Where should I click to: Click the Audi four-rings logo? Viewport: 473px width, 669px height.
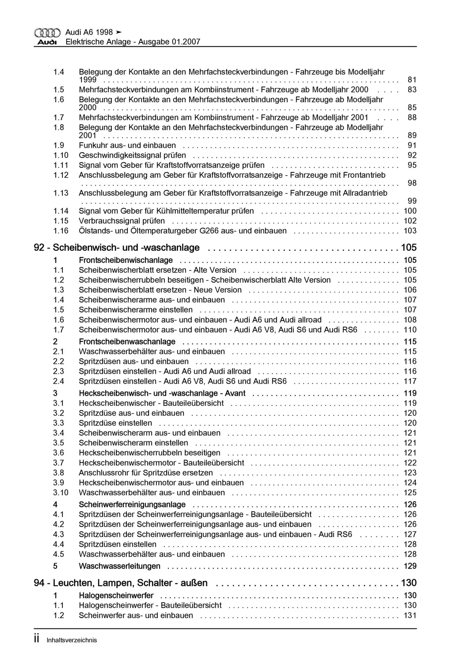pyautogui.click(x=47, y=33)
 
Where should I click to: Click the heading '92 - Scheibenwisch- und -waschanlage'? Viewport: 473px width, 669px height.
pyautogui.click(x=117, y=248)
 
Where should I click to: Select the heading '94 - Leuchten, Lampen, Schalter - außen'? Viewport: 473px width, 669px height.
pyautogui.click(x=121, y=583)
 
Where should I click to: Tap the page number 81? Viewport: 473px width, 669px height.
pyautogui.click(x=412, y=80)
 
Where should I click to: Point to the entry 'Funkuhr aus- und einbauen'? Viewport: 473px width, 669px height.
pyautogui.click(x=127, y=145)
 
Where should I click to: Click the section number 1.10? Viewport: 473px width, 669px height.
pyautogui.click(x=61, y=155)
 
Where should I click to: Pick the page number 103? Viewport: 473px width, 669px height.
pyautogui.click(x=410, y=231)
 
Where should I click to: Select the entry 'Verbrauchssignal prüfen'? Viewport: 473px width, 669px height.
pyautogui.click(x=122, y=221)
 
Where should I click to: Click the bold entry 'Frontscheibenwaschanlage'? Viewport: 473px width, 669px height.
pyautogui.click(x=127, y=342)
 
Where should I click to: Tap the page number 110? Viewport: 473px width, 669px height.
pyautogui.click(x=410, y=330)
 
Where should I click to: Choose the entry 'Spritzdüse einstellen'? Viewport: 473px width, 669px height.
pyautogui.click(x=115, y=423)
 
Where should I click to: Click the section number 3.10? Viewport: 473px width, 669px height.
pyautogui.click(x=61, y=493)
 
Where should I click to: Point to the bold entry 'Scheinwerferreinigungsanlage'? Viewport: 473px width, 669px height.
pyautogui.click(x=132, y=505)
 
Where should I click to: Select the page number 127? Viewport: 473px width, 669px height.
pyautogui.click(x=410, y=534)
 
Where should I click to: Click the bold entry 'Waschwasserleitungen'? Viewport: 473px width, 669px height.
pyautogui.click(x=120, y=566)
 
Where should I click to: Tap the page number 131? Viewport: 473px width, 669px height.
pyautogui.click(x=410, y=615)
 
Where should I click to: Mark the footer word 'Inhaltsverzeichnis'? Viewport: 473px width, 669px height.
pyautogui.click(x=72, y=640)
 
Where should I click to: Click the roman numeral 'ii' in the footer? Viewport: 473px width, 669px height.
pyautogui.click(x=37, y=639)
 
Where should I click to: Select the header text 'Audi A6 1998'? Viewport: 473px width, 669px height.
pyautogui.click(x=89, y=32)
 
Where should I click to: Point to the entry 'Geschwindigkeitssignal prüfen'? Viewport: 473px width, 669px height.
pyautogui.click(x=132, y=155)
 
